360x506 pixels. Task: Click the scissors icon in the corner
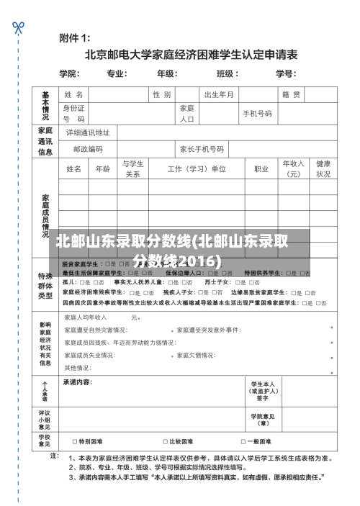point(18,27)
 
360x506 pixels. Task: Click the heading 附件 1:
point(74,37)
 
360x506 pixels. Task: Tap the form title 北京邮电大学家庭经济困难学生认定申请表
point(191,54)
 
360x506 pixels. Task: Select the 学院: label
point(69,73)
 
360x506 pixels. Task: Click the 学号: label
point(286,73)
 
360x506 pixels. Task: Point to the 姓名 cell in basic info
point(74,95)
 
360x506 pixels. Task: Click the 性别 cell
point(161,95)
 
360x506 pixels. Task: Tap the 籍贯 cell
point(291,95)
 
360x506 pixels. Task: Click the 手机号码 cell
point(257,114)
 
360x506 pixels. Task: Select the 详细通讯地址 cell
point(88,133)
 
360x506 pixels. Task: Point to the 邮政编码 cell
point(88,150)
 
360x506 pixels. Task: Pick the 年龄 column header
point(103,169)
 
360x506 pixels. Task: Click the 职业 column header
point(261,169)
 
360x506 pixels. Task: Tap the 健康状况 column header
point(323,169)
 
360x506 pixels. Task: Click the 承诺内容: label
point(78,381)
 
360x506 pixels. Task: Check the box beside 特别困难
point(75,441)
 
